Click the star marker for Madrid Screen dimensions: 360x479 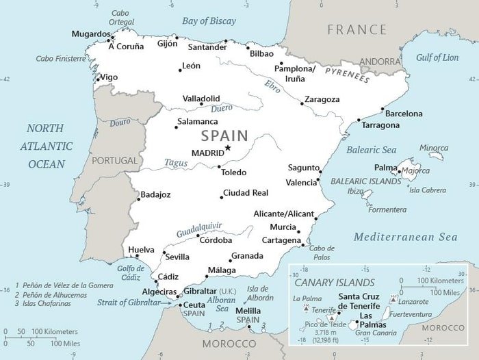pos(228,149)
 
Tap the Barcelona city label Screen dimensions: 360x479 pos(403,114)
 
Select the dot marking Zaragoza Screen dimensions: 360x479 pos(302,103)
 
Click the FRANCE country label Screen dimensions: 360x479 pos(357,29)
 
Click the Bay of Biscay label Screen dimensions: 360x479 pos(209,21)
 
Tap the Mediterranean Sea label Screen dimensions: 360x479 pos(405,237)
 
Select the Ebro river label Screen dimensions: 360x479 pos(273,87)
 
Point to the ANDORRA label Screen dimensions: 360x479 pos(379,62)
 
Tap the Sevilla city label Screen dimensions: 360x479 pos(177,257)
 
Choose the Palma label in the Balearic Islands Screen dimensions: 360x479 pos(385,168)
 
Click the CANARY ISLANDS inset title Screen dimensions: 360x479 pos(334,282)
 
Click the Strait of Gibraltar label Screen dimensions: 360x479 pos(128,302)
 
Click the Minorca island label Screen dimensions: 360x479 pos(434,148)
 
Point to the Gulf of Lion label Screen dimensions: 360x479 pos(437,58)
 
